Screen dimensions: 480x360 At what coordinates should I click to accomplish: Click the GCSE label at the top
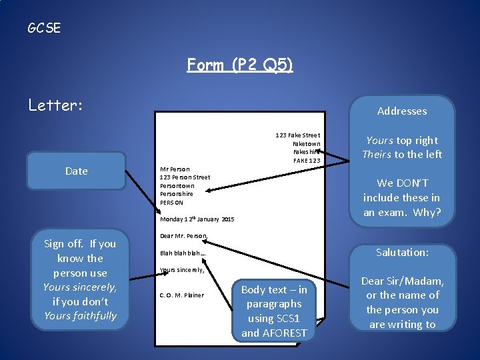tap(44, 28)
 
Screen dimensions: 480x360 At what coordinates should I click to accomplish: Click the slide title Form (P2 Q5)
tap(239, 65)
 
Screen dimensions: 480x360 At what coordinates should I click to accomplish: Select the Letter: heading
tap(55, 105)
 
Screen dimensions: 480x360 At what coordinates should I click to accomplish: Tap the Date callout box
tap(77, 171)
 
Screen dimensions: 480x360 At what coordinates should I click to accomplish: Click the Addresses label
tap(401, 111)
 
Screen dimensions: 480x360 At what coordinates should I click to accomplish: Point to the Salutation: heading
tap(402, 253)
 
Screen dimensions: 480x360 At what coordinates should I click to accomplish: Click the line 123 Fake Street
tap(297, 135)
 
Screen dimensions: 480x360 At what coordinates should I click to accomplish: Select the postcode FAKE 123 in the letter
tap(307, 161)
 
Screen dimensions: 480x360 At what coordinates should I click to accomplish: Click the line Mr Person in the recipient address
tap(175, 169)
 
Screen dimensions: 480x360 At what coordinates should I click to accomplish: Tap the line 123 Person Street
tap(185, 177)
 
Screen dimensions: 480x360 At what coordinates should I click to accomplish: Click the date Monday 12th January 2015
tap(197, 219)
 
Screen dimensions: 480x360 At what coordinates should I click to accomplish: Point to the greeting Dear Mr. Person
tap(184, 236)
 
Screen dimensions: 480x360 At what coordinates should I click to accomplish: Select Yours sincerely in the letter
tap(182, 270)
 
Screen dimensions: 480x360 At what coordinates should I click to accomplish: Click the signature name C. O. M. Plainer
tap(182, 295)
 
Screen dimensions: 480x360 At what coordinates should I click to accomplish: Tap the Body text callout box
tap(274, 311)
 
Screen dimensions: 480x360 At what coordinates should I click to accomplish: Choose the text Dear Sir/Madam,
tap(402, 281)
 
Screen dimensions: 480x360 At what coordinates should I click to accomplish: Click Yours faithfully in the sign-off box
tap(80, 316)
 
